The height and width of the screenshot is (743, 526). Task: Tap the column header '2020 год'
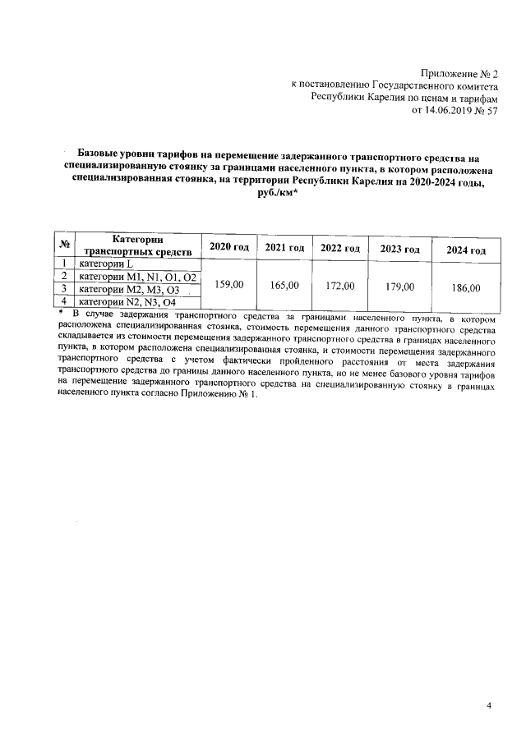(229, 248)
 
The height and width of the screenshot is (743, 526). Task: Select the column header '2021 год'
(284, 248)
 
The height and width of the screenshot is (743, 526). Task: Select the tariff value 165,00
(284, 285)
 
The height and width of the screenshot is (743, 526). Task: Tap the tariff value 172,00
(339, 286)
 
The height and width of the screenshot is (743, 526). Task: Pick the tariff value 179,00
(399, 287)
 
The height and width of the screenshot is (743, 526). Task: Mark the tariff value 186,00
(465, 288)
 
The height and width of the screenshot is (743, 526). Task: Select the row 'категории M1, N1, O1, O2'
(137, 277)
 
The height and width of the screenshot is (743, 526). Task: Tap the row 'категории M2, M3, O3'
(129, 290)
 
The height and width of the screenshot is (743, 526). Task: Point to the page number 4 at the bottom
(487, 705)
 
